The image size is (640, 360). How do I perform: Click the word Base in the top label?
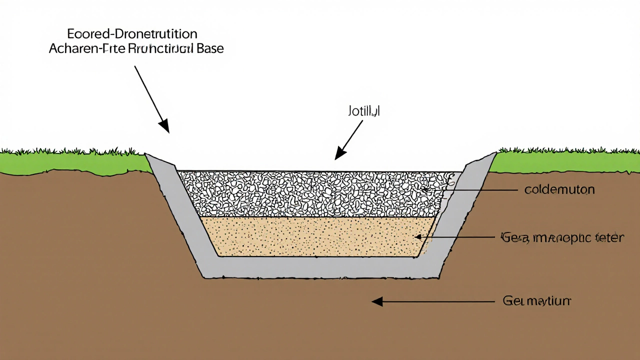point(207,49)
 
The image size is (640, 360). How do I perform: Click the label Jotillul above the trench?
point(363,111)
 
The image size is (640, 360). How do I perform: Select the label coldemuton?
point(559,190)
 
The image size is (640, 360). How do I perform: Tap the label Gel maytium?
point(536,301)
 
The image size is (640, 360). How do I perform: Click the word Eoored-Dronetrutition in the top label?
point(132,34)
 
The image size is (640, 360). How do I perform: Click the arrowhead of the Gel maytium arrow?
point(376,301)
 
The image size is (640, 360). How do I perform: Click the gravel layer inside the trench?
point(310,192)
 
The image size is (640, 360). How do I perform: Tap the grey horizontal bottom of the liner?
point(320,267)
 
